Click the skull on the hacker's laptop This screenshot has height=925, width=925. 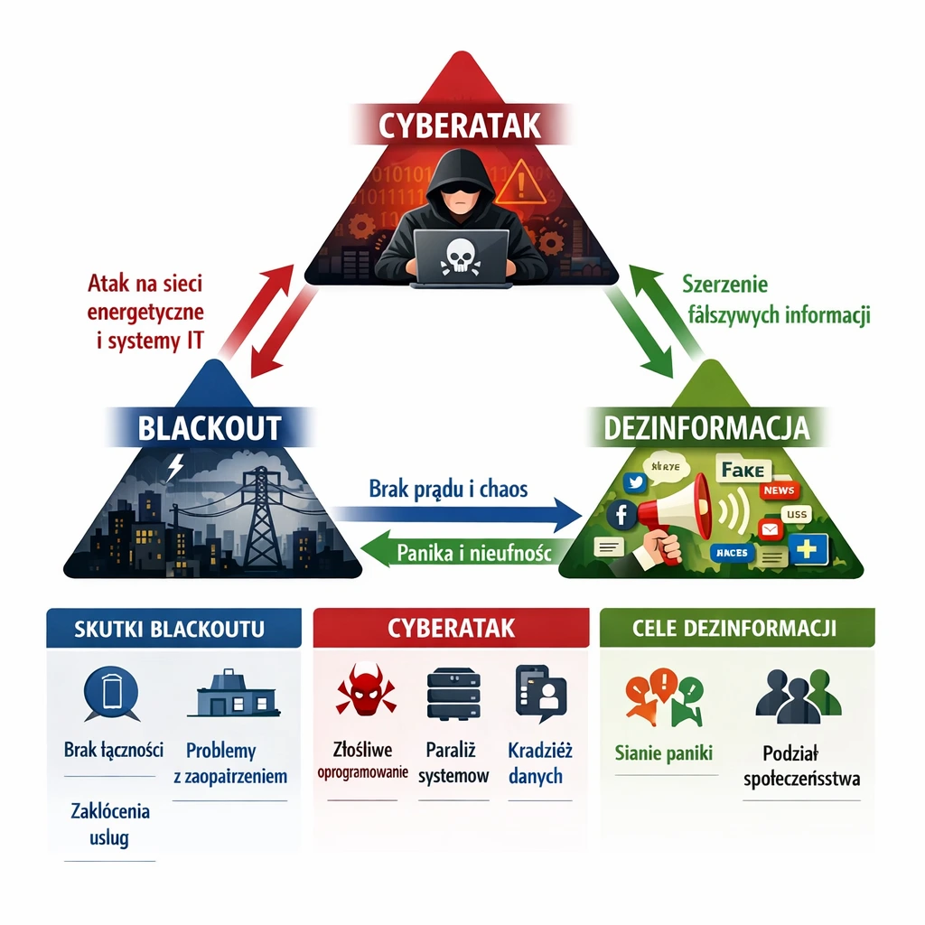(459, 256)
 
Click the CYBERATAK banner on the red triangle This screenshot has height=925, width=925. (460, 125)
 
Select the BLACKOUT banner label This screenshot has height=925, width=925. (210, 427)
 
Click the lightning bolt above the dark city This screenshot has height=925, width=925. (177, 466)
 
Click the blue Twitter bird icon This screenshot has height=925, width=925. (637, 482)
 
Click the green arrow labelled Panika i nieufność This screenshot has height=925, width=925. (461, 551)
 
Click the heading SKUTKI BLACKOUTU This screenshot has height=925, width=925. (170, 629)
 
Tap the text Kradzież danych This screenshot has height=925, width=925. (540, 762)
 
